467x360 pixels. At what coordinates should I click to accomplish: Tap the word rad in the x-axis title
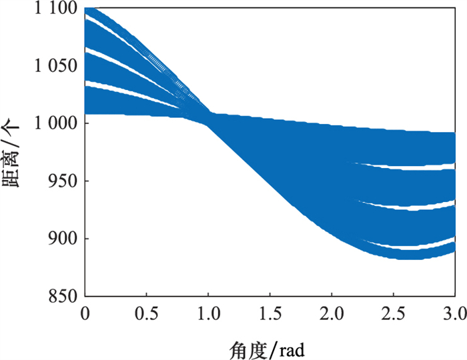point(291,347)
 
